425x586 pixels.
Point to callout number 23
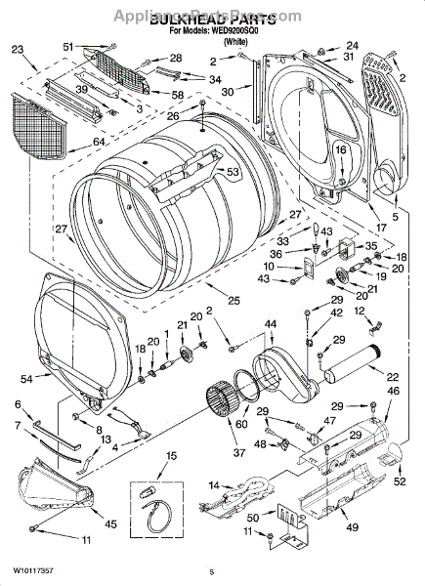coord(18,49)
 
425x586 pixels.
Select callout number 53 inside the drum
coord(233,173)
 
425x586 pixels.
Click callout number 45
coord(110,524)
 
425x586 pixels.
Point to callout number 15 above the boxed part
coord(171,456)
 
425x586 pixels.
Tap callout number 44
coord(270,323)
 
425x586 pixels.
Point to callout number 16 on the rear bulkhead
coord(341,149)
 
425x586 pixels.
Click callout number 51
coord(95,47)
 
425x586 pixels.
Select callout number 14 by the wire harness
coord(214,484)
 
